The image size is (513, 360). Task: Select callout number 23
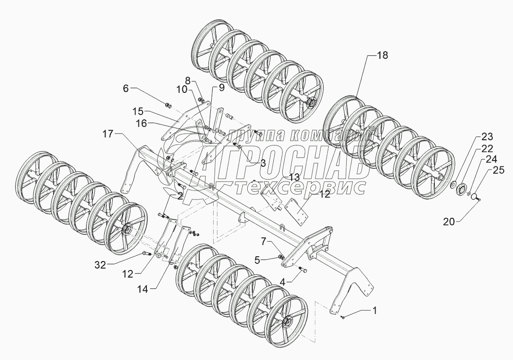coord(487,136)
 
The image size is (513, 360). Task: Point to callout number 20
coord(449,222)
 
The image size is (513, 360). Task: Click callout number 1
coord(375,310)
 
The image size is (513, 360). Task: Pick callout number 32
coord(100,265)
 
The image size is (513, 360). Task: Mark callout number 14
coord(142,289)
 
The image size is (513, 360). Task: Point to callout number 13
coord(294,178)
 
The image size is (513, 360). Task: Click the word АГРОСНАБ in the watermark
coord(284,161)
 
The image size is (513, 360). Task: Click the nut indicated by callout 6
coord(167,105)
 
